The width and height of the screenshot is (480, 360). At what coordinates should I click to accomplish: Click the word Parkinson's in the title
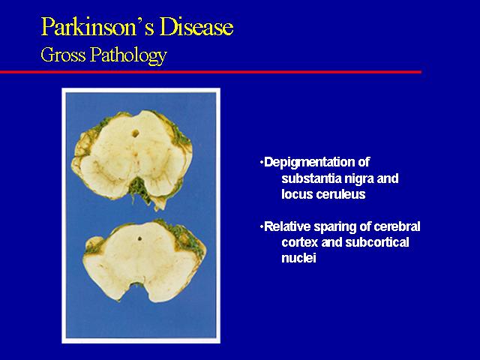point(98,27)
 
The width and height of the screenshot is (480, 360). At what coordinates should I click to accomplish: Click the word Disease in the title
point(196,27)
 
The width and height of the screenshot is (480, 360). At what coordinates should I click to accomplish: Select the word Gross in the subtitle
point(63,55)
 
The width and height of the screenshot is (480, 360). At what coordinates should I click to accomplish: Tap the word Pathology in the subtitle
point(128,56)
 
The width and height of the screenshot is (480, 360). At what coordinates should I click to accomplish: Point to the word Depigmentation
point(317,162)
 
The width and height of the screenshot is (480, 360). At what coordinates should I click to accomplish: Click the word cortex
point(300,243)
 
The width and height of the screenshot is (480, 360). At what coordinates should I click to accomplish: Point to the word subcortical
point(377,243)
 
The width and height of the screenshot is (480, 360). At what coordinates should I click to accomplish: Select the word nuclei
point(298,258)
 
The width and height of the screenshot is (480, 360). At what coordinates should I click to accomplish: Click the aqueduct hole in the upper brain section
point(135,133)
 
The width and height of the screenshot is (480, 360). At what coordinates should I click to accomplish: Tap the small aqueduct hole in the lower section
point(139,238)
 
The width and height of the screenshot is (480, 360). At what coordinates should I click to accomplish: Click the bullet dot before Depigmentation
point(262,163)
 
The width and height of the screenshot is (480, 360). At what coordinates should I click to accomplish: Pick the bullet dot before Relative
point(262,227)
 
